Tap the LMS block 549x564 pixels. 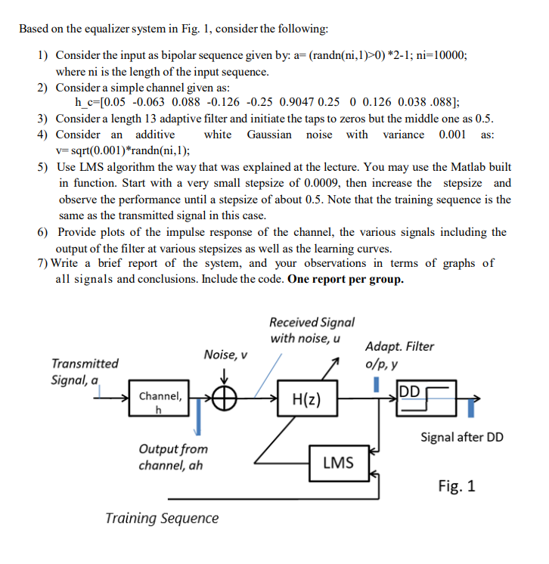337,462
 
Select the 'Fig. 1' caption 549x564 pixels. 457,485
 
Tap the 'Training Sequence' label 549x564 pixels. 162,519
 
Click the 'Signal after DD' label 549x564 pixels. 461,437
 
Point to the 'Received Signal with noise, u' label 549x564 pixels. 311,330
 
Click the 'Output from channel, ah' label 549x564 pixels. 172,457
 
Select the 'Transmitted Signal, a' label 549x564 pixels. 84,372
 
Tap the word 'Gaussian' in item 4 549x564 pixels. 268,135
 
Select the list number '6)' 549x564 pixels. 44,232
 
